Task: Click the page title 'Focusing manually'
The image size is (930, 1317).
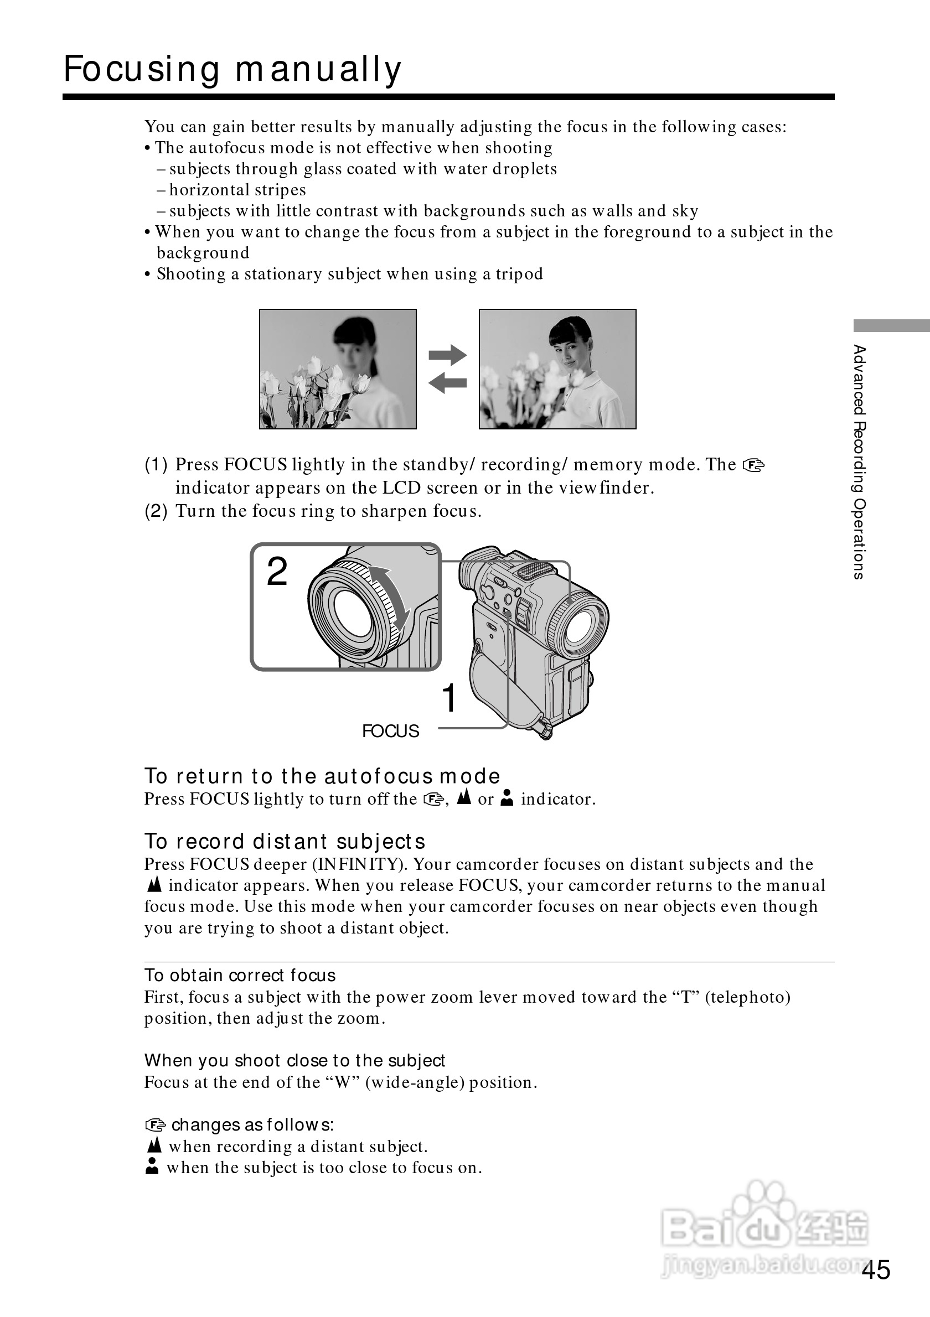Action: (232, 70)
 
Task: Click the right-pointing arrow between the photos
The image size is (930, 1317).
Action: (447, 355)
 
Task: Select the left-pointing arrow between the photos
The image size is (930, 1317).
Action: (447, 382)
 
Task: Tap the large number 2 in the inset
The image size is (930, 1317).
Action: (277, 572)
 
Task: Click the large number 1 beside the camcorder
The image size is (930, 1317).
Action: (448, 698)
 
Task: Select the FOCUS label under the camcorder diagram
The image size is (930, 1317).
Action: (390, 731)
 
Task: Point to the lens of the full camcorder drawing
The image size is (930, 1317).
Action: (581, 628)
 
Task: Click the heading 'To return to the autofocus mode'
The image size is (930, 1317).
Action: (322, 776)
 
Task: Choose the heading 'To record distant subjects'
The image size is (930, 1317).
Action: (285, 842)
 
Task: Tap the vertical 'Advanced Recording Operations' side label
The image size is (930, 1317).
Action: (859, 462)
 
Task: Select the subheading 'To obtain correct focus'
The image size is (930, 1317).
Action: (240, 975)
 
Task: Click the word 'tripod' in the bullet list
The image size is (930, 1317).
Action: (519, 274)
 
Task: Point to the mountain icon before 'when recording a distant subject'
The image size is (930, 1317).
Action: (154, 1145)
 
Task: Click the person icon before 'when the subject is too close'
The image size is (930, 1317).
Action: (152, 1166)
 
